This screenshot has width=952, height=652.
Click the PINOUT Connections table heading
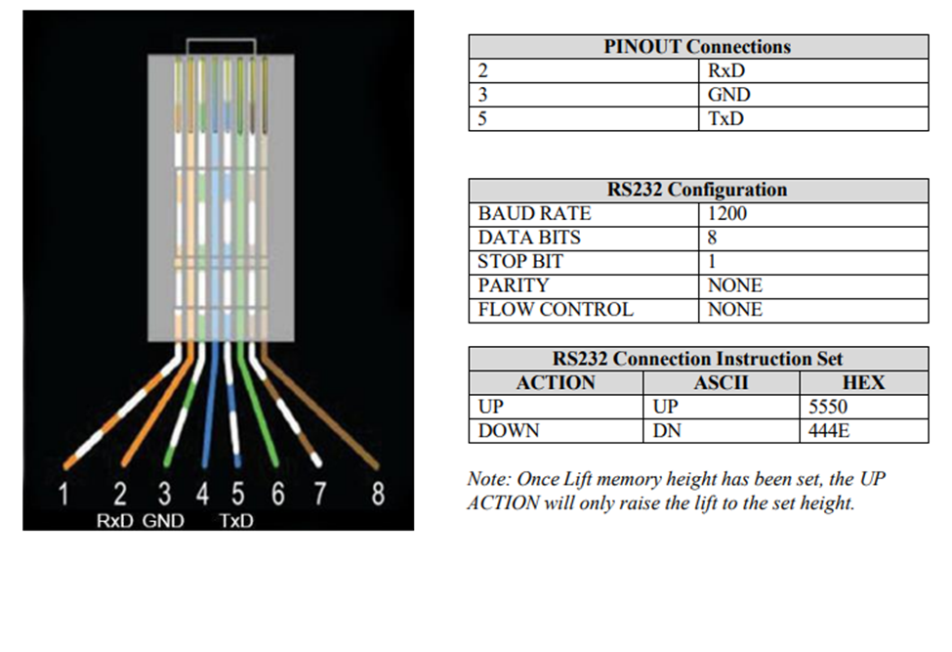click(x=697, y=46)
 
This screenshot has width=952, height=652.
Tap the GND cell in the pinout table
click(x=729, y=95)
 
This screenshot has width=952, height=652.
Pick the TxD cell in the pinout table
click(x=725, y=119)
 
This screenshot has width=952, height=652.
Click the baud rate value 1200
click(x=726, y=213)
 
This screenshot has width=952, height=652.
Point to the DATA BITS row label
click(x=528, y=238)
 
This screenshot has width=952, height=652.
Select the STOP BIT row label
click(x=519, y=262)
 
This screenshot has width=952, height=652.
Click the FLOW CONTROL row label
click(x=555, y=310)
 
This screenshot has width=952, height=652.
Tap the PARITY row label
click(x=513, y=285)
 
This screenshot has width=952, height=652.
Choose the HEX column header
click(x=862, y=382)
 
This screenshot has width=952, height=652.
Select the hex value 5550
click(x=828, y=407)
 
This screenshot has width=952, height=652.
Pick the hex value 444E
click(x=830, y=431)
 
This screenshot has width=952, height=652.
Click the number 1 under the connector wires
click(x=63, y=496)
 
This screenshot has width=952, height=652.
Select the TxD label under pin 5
click(x=236, y=521)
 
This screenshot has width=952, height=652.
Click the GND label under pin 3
click(x=163, y=521)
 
